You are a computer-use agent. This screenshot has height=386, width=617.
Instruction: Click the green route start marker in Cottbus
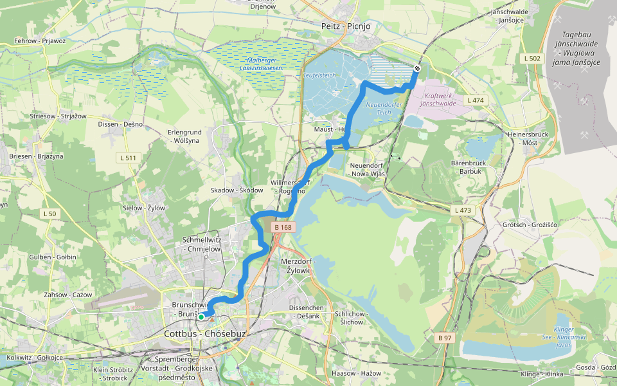[201, 317]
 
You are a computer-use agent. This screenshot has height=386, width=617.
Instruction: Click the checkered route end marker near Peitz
[417, 68]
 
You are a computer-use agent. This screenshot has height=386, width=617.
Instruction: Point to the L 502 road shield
[532, 59]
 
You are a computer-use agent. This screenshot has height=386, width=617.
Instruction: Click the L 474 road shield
[475, 100]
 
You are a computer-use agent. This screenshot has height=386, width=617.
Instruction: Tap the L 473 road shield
[462, 210]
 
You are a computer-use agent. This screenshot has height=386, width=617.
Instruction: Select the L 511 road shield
[127, 158]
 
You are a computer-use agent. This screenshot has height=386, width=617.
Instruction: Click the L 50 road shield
[51, 214]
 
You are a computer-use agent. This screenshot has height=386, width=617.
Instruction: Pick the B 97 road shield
[445, 338]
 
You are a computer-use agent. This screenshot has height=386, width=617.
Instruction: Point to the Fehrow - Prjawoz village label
[40, 41]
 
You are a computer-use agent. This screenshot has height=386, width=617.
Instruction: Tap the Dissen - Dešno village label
[120, 124]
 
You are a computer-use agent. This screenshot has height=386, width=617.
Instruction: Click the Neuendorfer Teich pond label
[384, 108]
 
